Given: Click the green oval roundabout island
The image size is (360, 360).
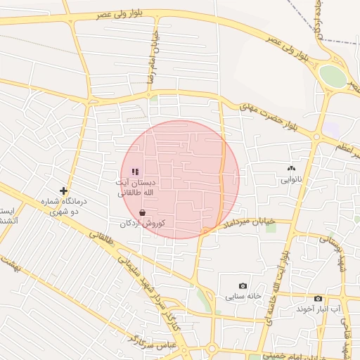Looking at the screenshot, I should [333, 76].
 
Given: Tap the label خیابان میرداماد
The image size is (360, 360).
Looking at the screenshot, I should [247, 223].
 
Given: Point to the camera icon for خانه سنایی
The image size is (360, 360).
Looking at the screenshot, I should [243, 285].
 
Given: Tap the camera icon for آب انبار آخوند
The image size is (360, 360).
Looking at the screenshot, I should [318, 298].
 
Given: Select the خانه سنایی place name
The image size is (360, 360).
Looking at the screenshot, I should [243, 296].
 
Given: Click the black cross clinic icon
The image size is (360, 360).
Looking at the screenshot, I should [63, 191].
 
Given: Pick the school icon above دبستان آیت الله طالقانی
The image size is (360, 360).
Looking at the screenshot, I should [135, 171].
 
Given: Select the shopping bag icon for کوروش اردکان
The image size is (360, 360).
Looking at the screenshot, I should [143, 212].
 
